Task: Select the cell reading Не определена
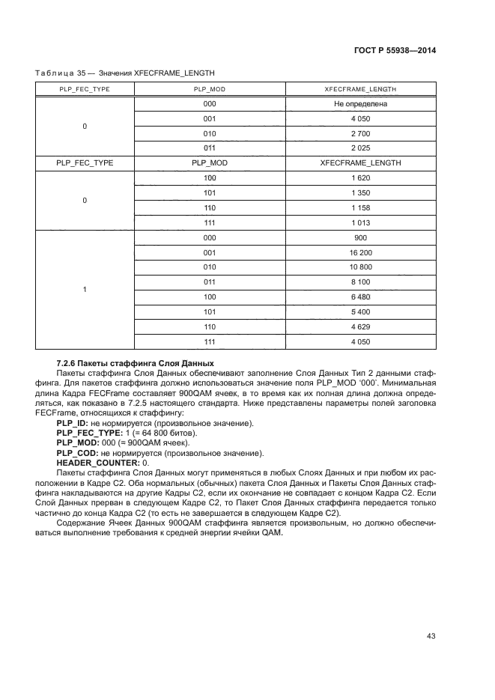click(x=360, y=104)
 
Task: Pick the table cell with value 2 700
click(x=360, y=133)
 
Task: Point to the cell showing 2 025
click(x=360, y=147)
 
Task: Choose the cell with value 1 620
click(x=360, y=177)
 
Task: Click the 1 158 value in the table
click(x=360, y=207)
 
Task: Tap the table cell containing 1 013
click(x=360, y=222)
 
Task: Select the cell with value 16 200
click(x=360, y=253)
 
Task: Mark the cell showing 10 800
click(x=360, y=267)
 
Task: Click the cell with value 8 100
click(x=360, y=282)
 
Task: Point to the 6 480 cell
click(x=360, y=297)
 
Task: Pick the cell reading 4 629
click(x=360, y=326)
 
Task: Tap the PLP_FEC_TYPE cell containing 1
click(x=85, y=290)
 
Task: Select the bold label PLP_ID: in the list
click(x=72, y=424)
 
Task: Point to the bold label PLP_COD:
click(x=77, y=454)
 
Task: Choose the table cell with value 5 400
click(x=360, y=311)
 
